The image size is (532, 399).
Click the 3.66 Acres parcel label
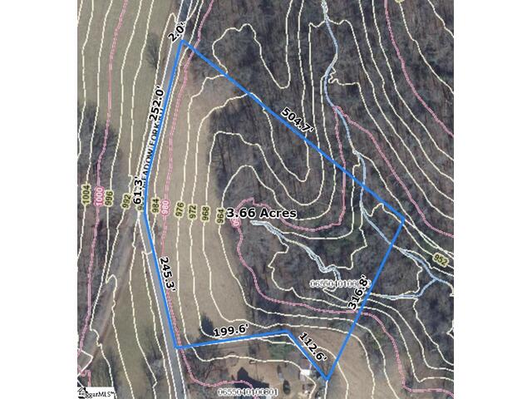(x=262, y=213)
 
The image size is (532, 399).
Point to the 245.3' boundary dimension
(x=168, y=269)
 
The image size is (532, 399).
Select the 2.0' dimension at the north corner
(x=175, y=33)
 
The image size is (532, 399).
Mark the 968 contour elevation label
(x=204, y=213)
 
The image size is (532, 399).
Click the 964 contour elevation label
(x=219, y=214)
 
